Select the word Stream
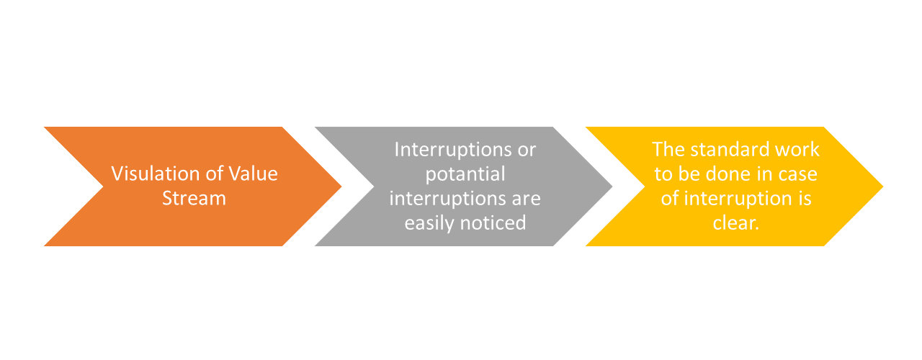coord(194,198)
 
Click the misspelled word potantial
coord(465,174)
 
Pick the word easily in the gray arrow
coord(429,223)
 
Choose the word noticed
coord(493,223)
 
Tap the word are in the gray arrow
coord(526,199)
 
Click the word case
coord(797,176)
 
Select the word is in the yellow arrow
coord(805,199)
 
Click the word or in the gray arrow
coord(527,151)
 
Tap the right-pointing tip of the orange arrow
coord(341,186)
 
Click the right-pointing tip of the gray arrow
coord(612,186)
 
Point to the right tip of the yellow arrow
coord(883,186)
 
